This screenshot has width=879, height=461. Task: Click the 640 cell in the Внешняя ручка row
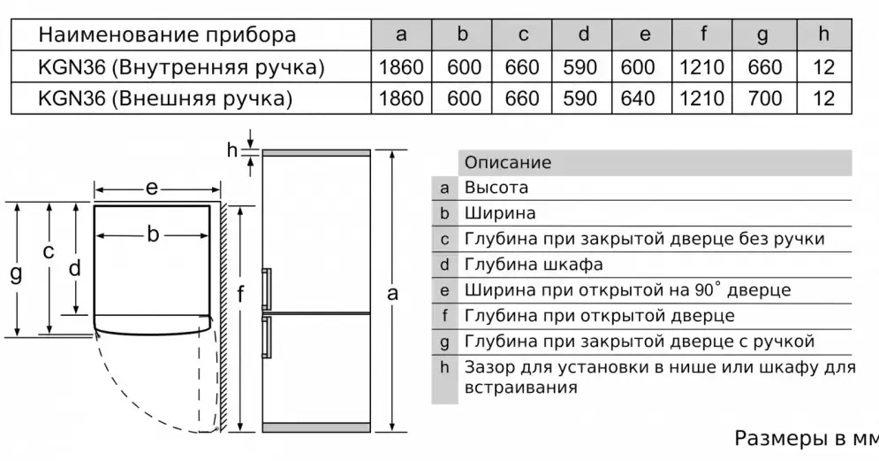[x=645, y=98]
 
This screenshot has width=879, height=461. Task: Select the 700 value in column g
[x=765, y=98]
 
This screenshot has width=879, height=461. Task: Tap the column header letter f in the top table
[x=704, y=35]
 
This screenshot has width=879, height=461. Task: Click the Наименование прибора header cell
[x=168, y=35]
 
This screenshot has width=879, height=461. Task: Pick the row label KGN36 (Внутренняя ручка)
[x=180, y=67]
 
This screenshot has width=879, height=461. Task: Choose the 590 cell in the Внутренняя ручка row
[x=580, y=67]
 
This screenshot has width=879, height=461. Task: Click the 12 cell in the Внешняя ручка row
[x=823, y=98]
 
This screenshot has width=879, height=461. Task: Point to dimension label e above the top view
[x=152, y=188]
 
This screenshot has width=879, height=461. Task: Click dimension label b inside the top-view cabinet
[x=153, y=234]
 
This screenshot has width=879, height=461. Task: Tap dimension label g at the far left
[x=15, y=273]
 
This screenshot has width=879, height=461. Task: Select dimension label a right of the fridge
[x=393, y=292]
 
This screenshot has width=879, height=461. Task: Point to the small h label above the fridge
[x=232, y=150]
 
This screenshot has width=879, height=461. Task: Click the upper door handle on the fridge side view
[x=266, y=288]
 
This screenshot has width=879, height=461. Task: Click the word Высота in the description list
[x=496, y=188]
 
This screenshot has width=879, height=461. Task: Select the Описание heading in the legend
[x=508, y=163]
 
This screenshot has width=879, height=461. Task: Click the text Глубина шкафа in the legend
[x=534, y=265]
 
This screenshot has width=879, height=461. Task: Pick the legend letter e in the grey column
[x=444, y=290]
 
